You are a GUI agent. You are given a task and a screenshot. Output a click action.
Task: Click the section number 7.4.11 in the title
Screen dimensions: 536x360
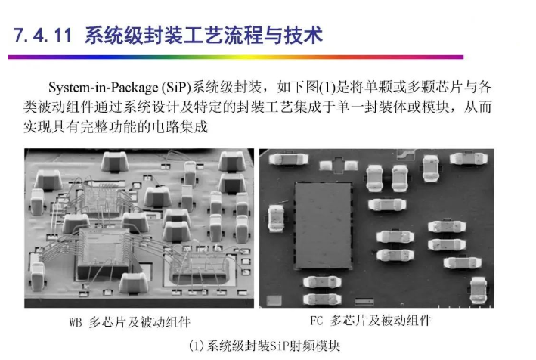[x=43, y=35]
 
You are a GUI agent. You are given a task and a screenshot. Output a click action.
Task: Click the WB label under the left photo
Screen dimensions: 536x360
[x=76, y=322]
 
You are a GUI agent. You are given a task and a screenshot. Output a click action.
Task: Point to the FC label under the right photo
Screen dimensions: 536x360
[x=316, y=321]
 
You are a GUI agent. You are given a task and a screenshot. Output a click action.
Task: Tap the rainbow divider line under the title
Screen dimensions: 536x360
[x=236, y=57]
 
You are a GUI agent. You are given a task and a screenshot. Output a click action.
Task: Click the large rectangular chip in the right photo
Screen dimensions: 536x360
[x=324, y=225]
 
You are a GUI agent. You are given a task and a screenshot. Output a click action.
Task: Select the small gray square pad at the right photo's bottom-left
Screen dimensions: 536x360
[x=274, y=300]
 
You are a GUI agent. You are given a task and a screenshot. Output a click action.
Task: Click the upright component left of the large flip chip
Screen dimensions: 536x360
[x=276, y=218]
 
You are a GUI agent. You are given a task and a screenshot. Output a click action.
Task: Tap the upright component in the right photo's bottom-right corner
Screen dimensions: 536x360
[x=478, y=290]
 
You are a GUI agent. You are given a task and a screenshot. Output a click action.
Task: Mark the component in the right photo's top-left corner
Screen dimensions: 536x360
[x=289, y=159]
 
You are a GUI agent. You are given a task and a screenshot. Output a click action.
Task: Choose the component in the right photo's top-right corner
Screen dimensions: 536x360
[x=468, y=159]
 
